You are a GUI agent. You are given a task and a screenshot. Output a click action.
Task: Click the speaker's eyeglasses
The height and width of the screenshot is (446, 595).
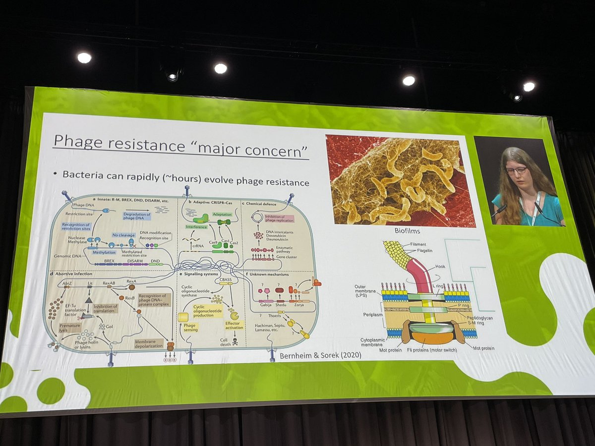516,170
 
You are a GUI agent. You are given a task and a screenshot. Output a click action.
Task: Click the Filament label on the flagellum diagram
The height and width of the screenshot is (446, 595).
419,244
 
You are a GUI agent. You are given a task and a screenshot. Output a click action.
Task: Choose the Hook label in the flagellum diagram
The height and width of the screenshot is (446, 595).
440,266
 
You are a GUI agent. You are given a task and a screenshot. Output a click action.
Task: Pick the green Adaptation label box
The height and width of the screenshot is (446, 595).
222,215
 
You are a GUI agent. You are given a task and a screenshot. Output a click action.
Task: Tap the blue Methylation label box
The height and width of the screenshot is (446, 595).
104,252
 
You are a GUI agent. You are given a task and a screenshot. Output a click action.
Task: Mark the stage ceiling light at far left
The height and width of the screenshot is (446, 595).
84,58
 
